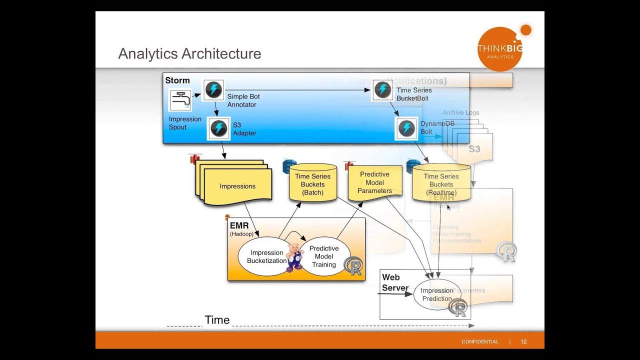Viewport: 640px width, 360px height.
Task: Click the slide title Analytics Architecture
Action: pos(189,53)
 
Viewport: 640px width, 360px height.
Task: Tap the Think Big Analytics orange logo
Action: pos(500,49)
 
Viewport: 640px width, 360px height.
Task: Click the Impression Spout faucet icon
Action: pos(180,100)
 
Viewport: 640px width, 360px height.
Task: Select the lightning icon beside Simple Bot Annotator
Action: pos(213,90)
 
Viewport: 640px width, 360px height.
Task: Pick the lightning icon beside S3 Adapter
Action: pos(219,128)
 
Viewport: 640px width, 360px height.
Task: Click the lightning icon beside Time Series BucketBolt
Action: pos(383,90)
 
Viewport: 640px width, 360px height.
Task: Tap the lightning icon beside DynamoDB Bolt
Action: pos(406,128)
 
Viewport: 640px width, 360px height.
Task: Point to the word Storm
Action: pos(177,80)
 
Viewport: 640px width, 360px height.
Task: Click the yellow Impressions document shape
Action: pos(237,186)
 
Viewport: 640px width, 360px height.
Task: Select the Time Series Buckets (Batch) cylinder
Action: pos(312,184)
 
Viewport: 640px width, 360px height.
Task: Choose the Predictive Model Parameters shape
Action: pos(374,182)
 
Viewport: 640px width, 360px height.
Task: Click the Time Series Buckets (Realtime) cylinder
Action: pos(441,184)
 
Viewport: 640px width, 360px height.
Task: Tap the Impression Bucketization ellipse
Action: pos(266,256)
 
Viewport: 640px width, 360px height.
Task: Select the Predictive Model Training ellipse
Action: pos(324,256)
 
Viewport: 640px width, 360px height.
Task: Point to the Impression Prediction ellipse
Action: pos(436,294)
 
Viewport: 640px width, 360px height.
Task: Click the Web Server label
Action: pos(395,282)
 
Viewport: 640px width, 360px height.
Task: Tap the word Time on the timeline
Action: pos(217,320)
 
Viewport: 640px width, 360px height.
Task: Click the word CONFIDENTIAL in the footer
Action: pos(479,342)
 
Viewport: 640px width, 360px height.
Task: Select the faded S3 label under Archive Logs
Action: pos(474,149)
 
